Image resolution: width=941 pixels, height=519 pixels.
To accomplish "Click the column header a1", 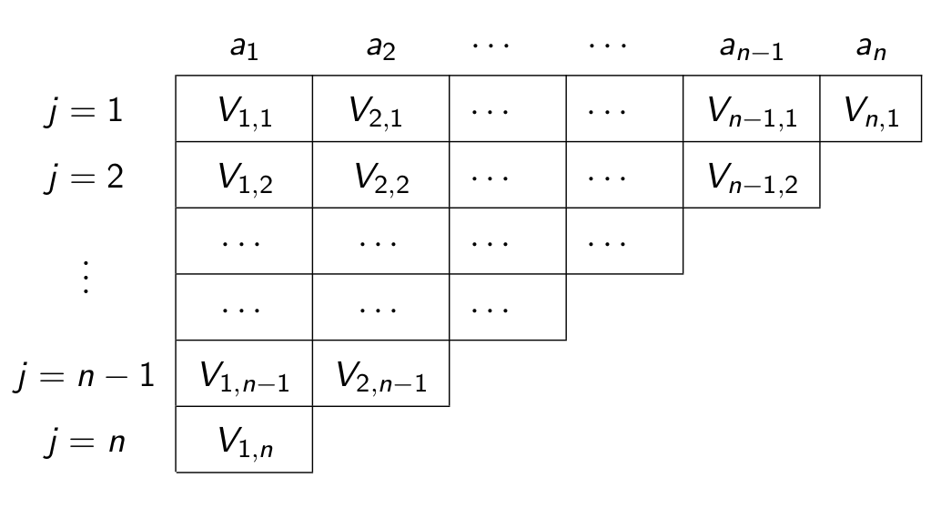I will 244,48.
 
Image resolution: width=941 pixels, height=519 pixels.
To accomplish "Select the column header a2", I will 380,48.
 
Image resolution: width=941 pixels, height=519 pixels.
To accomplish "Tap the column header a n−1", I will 752,48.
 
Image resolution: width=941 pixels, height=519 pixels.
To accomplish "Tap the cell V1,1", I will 244,110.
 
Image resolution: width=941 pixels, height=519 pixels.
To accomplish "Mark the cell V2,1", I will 380,110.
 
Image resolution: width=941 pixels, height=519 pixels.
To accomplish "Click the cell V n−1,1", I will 752,110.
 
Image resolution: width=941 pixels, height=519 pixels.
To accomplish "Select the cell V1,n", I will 244,442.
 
